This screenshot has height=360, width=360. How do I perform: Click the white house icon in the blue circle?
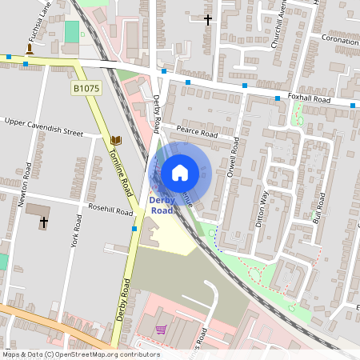click(180, 172)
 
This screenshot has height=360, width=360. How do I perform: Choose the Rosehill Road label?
click(111, 211)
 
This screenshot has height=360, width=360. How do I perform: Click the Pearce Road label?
click(198, 134)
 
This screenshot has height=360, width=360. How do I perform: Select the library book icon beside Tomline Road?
click(115, 139)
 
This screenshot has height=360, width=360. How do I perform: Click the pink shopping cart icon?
click(161, 330)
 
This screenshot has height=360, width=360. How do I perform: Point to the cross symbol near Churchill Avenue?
click(208, 18)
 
